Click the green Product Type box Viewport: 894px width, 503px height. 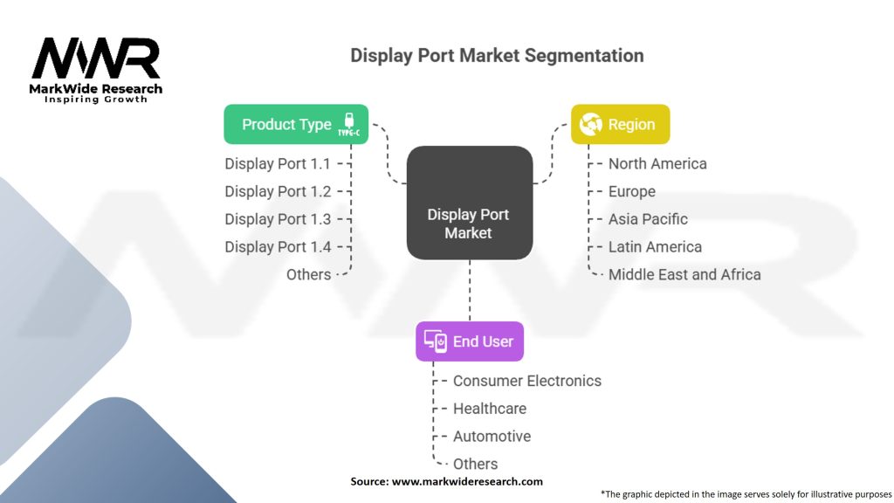(296, 124)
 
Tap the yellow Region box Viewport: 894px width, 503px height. (621, 124)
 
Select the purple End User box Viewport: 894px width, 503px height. (470, 341)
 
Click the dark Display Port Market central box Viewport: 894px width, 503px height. (470, 203)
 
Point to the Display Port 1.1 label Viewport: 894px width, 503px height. (278, 163)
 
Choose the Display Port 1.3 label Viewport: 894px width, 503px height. (278, 219)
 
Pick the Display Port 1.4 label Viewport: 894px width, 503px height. (278, 247)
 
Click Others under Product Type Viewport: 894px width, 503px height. (308, 275)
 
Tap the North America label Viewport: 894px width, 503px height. (657, 163)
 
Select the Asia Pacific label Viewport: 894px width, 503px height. (648, 219)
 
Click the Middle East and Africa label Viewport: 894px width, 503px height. (684, 275)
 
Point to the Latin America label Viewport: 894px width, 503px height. (655, 247)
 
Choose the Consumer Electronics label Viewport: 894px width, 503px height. (527, 381)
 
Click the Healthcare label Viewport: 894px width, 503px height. (490, 409)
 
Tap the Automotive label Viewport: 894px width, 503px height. (492, 437)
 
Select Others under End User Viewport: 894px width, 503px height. (476, 465)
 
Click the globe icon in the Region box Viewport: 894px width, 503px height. (591, 124)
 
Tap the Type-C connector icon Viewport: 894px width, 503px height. (349, 124)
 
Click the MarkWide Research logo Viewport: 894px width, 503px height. (96, 70)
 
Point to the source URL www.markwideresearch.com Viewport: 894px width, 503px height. (468, 481)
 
